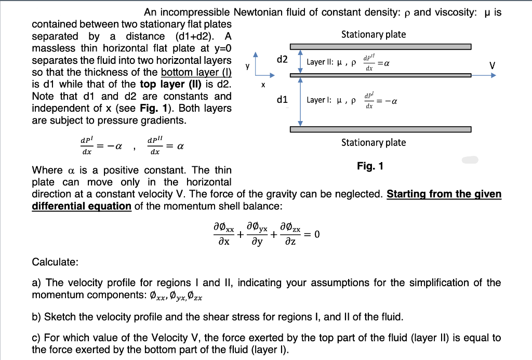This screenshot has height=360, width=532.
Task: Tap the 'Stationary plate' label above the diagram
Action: tap(374, 34)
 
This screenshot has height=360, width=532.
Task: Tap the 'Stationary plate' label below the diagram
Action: tap(374, 142)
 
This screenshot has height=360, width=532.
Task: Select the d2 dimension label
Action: tap(282, 60)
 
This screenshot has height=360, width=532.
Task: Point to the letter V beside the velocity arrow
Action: tap(493, 65)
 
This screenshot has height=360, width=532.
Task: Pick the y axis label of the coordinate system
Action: tap(248, 66)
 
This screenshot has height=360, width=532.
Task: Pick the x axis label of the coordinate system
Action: tap(263, 85)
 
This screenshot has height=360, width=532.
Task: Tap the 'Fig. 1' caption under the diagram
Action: tap(370, 166)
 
